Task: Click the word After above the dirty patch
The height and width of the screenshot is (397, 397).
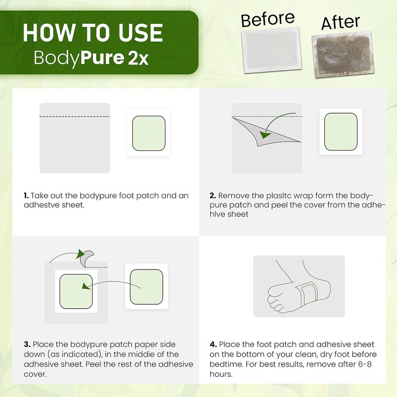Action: coord(340,22)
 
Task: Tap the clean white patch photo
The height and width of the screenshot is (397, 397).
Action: coord(271,50)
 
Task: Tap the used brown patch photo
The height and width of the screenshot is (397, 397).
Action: coord(343,55)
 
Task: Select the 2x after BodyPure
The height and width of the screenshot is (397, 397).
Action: coord(138,59)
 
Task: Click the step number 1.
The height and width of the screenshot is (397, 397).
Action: coord(26,196)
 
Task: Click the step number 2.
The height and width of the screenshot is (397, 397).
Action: coord(213,196)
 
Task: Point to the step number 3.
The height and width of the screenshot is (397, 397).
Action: coord(27,344)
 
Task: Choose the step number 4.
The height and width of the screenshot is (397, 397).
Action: coord(213,344)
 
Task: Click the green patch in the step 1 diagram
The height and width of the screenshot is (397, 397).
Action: coord(149,133)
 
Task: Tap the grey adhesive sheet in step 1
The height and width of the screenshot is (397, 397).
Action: coord(75,138)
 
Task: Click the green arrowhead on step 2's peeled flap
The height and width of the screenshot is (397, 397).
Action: coord(265,135)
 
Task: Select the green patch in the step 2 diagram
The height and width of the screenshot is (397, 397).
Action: coord(341,132)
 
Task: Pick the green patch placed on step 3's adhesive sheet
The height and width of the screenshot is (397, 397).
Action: coord(76,291)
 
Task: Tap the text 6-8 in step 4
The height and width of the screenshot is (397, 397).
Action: coord(365,364)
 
